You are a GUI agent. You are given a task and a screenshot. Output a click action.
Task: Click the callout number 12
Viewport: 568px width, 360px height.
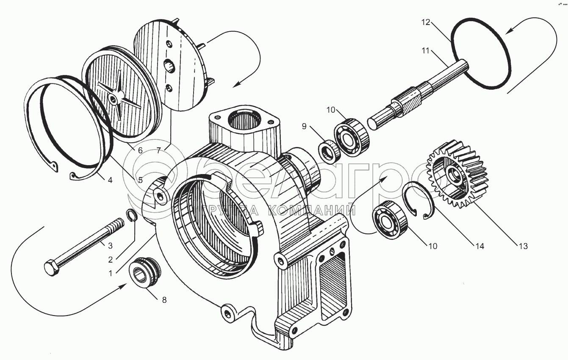(426, 22)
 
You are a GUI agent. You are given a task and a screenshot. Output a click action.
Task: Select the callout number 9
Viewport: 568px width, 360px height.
(304, 126)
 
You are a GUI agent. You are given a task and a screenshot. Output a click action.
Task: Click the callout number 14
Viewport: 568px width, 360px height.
(480, 246)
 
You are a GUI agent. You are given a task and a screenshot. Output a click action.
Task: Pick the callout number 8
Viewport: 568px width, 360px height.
(164, 300)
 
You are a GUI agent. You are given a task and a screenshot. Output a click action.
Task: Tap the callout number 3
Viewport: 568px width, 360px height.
(110, 245)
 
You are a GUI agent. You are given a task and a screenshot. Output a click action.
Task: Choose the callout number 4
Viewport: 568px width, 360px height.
(110, 180)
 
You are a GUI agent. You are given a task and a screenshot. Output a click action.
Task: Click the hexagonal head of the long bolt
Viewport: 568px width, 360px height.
(52, 267)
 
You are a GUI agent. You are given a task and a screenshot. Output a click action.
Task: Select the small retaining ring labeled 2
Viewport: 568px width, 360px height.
(132, 216)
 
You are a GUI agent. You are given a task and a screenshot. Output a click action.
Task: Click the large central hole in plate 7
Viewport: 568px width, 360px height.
(169, 66)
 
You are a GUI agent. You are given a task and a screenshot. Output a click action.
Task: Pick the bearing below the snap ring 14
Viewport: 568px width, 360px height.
(390, 220)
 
